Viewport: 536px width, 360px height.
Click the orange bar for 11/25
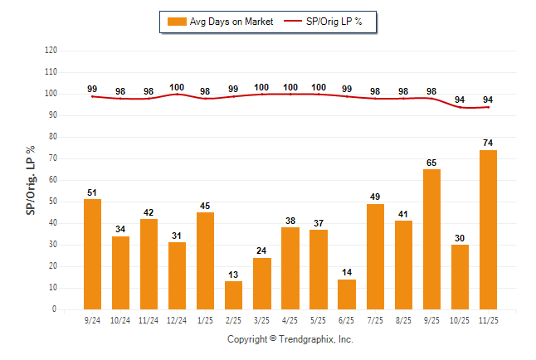pos(488,230)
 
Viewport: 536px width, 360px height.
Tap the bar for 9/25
pos(431,239)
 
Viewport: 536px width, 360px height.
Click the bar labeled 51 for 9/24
pos(93,254)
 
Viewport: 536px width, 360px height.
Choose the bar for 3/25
pos(262,284)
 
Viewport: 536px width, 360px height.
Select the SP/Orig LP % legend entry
pos(324,22)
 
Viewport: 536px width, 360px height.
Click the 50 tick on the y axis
pos(52,202)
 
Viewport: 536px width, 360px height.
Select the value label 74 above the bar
pos(488,143)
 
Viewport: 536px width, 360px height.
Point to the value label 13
pos(234,274)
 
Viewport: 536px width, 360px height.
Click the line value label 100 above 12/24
pos(177,87)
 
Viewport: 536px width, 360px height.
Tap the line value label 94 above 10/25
pos(460,100)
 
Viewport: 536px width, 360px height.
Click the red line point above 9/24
pos(93,96)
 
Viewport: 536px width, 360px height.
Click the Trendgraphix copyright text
pos(290,339)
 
